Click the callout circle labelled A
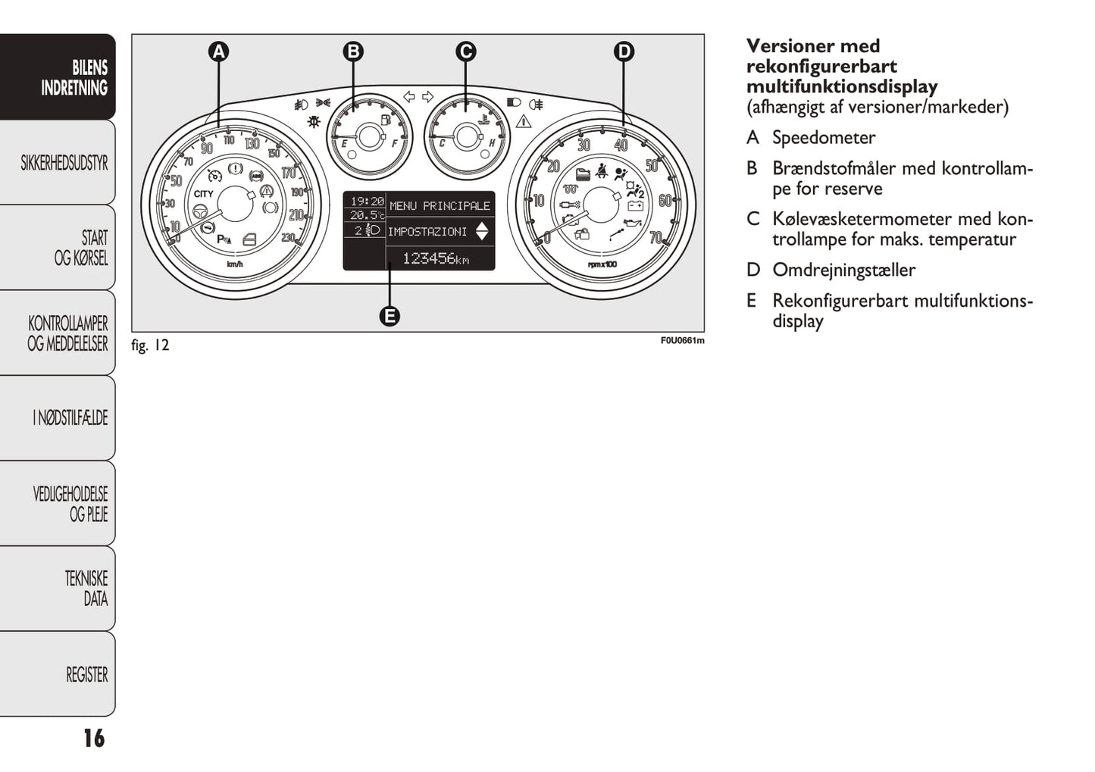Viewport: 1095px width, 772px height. point(218,52)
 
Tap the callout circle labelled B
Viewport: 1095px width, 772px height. point(353,52)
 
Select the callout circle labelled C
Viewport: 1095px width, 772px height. point(465,52)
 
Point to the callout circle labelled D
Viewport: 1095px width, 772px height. point(623,52)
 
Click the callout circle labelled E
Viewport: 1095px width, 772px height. point(390,316)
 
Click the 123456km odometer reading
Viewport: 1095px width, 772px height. point(435,258)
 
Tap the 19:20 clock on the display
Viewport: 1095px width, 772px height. point(367,202)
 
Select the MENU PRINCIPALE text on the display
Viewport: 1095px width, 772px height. point(440,205)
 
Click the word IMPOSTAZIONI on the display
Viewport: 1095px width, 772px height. point(427,232)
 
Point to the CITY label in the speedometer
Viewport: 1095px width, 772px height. point(204,194)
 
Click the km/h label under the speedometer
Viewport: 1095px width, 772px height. point(235,264)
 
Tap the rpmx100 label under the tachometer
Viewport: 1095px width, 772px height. point(602,264)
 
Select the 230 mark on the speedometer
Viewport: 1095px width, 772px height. point(288,237)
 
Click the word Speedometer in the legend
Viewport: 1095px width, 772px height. point(824,138)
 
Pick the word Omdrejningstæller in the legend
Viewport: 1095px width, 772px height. point(843,270)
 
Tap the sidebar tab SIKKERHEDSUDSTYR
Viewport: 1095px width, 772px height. point(64,163)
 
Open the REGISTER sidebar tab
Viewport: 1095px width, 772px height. point(86,674)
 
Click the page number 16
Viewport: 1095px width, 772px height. point(94,738)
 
